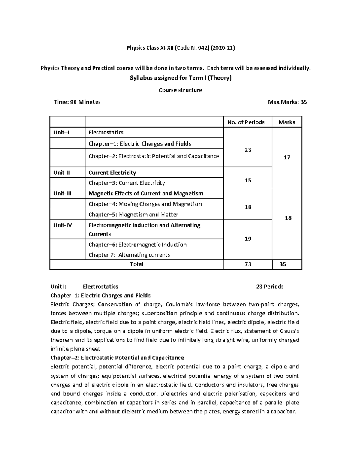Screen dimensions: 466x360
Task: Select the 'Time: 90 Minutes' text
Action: click(77, 102)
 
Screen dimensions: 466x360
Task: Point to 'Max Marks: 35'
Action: click(287, 102)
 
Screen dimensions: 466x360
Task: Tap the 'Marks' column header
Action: click(286, 122)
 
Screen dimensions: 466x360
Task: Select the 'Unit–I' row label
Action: click(61, 132)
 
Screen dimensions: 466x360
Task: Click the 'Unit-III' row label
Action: click(62, 194)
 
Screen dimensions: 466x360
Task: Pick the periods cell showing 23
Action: click(248, 150)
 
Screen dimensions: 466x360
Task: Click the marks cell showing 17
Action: click(287, 157)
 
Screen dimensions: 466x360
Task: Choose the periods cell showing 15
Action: click(248, 180)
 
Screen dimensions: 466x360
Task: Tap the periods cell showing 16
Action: click(248, 207)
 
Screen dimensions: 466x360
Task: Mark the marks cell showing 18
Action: click(288, 218)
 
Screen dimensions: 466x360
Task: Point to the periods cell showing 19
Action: click(248, 239)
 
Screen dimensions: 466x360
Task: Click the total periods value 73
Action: click(248, 264)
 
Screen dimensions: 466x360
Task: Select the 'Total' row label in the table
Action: click(136, 264)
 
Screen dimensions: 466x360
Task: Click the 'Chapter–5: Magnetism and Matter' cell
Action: click(133, 215)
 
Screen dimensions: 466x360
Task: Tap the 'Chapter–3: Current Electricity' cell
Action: click(127, 183)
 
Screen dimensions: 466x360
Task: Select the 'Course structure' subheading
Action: click(180, 90)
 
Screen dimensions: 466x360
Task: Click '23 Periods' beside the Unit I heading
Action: click(270, 287)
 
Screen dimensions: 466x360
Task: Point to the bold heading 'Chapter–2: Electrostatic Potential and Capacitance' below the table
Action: click(117, 358)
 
